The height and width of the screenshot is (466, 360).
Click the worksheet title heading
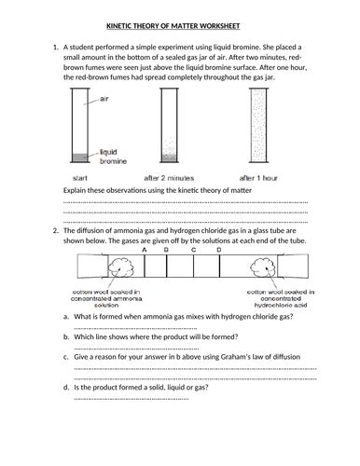click(x=173, y=26)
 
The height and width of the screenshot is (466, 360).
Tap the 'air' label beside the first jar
click(x=104, y=99)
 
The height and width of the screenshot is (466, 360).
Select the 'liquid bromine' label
click(x=113, y=157)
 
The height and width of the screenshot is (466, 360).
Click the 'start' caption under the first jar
click(x=80, y=178)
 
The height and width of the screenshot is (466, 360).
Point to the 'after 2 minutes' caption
click(x=169, y=178)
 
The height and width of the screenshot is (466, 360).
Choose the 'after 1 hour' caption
click(x=258, y=178)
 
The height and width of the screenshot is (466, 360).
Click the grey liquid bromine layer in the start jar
click(x=80, y=158)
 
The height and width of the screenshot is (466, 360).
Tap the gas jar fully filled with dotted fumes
click(x=258, y=125)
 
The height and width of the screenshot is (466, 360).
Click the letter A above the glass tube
click(x=145, y=250)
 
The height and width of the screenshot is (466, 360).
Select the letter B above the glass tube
click(x=166, y=250)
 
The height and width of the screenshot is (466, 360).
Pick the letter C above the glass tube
click(x=193, y=250)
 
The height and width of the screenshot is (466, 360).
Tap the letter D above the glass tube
click(x=219, y=250)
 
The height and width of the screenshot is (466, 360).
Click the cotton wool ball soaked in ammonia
click(x=122, y=267)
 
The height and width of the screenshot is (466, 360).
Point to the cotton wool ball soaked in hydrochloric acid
click(x=263, y=267)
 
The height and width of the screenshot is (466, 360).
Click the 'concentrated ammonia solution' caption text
click(x=106, y=299)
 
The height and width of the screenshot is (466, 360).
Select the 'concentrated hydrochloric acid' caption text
click(x=281, y=299)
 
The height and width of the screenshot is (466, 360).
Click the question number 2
click(x=56, y=231)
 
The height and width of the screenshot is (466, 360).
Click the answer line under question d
click(x=132, y=399)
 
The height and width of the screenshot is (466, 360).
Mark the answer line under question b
click(x=136, y=349)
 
